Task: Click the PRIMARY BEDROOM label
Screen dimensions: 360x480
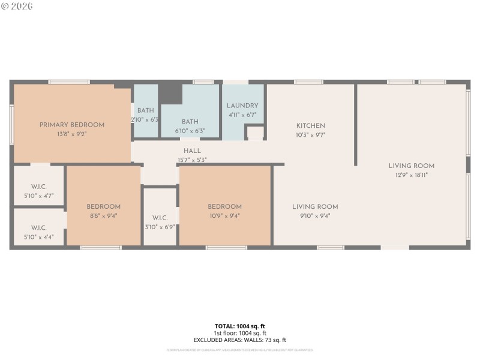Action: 72,125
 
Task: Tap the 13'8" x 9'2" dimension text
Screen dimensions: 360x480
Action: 72,134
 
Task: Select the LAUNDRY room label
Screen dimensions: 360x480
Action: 242,106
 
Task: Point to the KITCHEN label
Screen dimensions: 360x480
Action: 311,126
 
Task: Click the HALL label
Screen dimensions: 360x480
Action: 193,151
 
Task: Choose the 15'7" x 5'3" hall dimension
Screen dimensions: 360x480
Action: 193,160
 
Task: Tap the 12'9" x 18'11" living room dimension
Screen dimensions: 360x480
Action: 411,175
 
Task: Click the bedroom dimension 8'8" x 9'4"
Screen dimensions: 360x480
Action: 103,216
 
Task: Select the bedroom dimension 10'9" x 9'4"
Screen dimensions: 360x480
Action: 225,216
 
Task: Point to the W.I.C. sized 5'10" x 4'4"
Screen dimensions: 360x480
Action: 39,237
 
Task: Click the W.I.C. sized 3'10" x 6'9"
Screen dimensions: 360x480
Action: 160,227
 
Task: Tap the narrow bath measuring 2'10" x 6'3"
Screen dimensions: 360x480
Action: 146,120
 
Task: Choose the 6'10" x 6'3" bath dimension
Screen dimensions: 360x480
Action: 190,130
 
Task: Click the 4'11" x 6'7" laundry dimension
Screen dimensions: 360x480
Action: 242,115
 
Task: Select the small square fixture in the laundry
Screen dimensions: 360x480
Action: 255,133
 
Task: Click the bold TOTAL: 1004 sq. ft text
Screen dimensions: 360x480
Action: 240,326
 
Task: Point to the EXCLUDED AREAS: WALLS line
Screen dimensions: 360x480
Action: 240,340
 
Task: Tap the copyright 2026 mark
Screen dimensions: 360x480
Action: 17,6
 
